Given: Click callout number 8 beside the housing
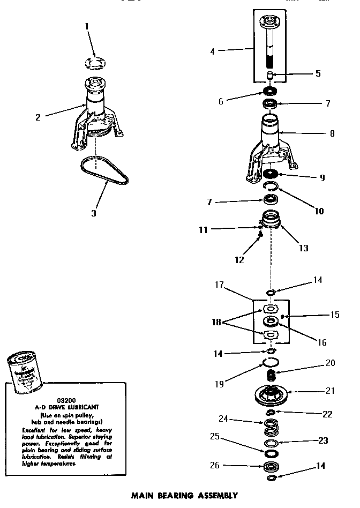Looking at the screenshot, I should (332, 133).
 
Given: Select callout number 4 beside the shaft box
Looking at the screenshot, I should (213, 52).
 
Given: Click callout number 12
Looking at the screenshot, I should (239, 260).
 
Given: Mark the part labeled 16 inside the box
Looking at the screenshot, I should (271, 322).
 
